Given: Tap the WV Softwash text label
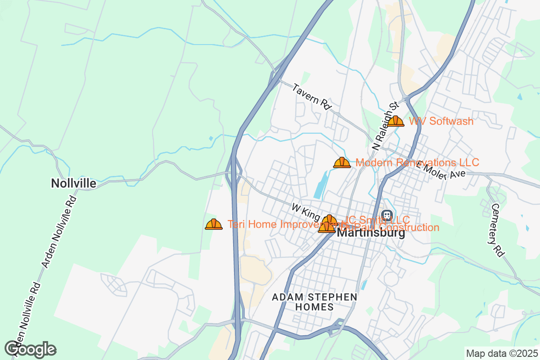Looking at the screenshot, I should click(441, 121).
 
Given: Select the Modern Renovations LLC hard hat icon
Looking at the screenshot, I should click(342, 162).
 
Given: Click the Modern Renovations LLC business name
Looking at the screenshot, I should click(417, 162).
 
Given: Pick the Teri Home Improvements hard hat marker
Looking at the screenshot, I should click(214, 224).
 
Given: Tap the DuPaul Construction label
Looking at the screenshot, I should click(396, 228).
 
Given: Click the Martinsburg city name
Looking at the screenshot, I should click(371, 234).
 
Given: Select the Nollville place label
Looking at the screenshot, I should click(73, 184).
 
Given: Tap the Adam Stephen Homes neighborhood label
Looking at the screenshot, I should click(315, 302).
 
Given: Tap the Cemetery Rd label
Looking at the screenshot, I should click(497, 230).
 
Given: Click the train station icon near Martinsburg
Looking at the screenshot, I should click(387, 216).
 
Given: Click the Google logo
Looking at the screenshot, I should click(31, 349).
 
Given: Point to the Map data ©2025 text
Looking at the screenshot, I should click(501, 353).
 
